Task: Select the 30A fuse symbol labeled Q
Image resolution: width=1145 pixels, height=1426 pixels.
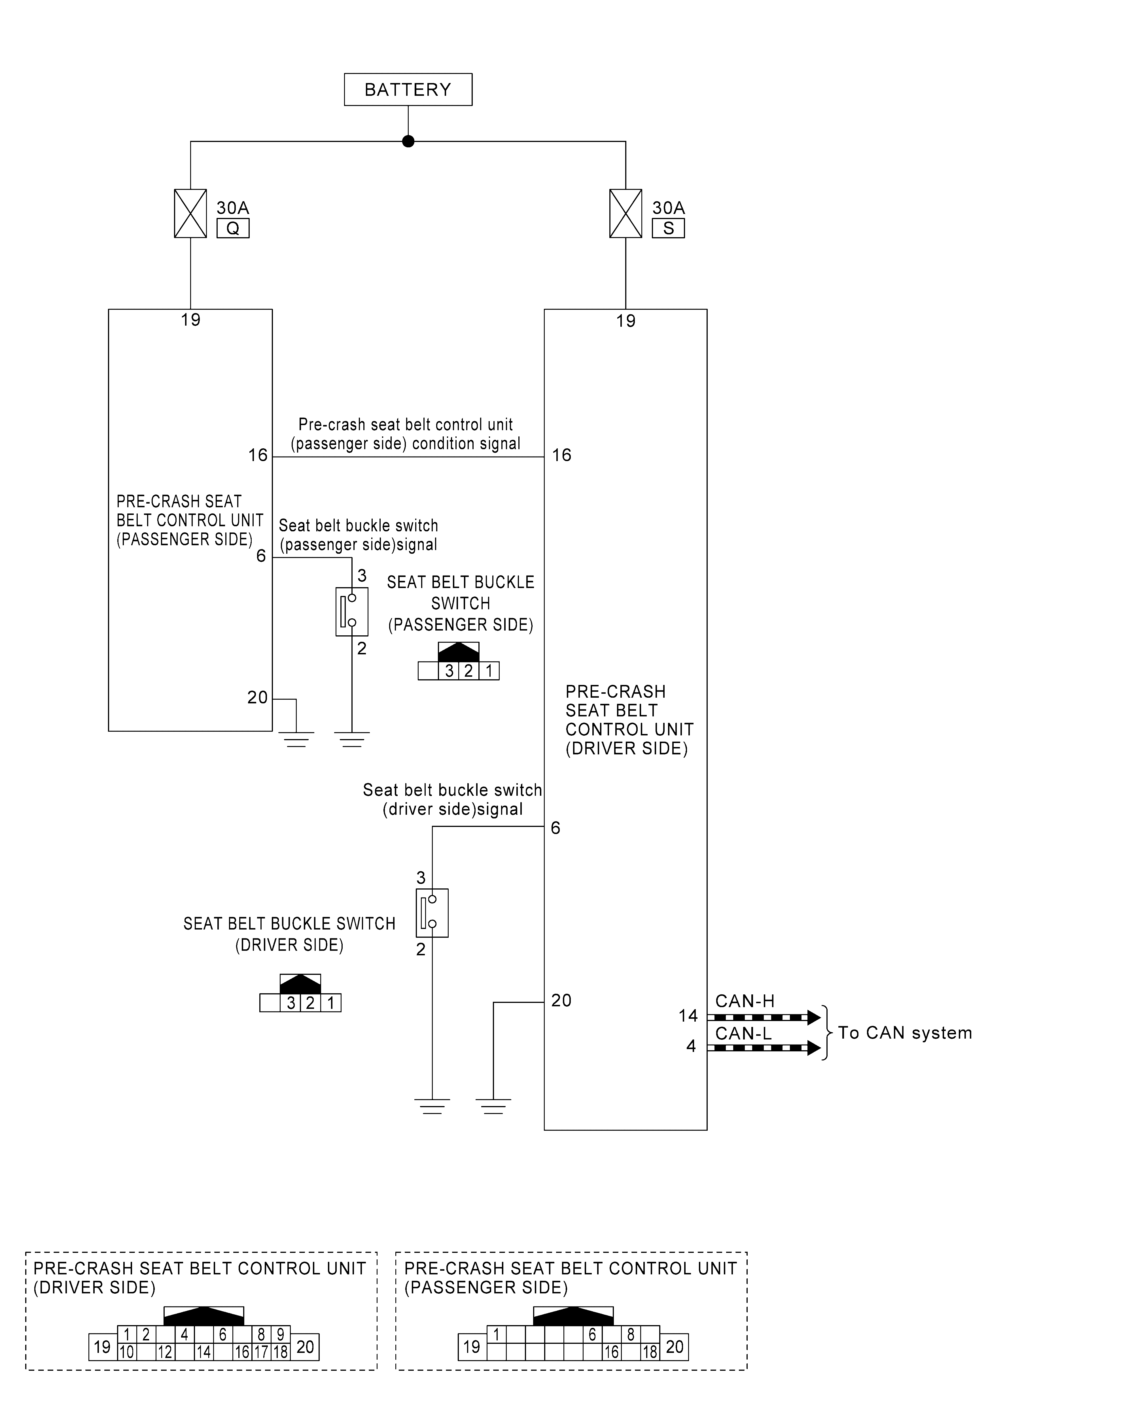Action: coord(190,213)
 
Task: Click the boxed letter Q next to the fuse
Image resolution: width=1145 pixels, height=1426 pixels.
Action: coord(233,228)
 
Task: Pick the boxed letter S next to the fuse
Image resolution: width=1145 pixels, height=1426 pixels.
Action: coord(668,228)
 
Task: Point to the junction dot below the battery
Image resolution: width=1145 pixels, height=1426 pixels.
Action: coord(408,141)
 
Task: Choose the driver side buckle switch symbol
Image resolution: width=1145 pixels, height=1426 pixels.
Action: coord(432,913)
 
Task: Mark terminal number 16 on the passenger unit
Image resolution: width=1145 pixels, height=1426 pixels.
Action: coord(258,455)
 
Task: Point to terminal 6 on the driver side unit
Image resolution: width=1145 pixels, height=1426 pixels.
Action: coord(555,828)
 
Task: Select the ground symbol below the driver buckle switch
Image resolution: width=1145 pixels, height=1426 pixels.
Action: coord(432,1106)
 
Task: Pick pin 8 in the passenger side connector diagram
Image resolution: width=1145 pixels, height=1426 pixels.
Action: coord(630,1335)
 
